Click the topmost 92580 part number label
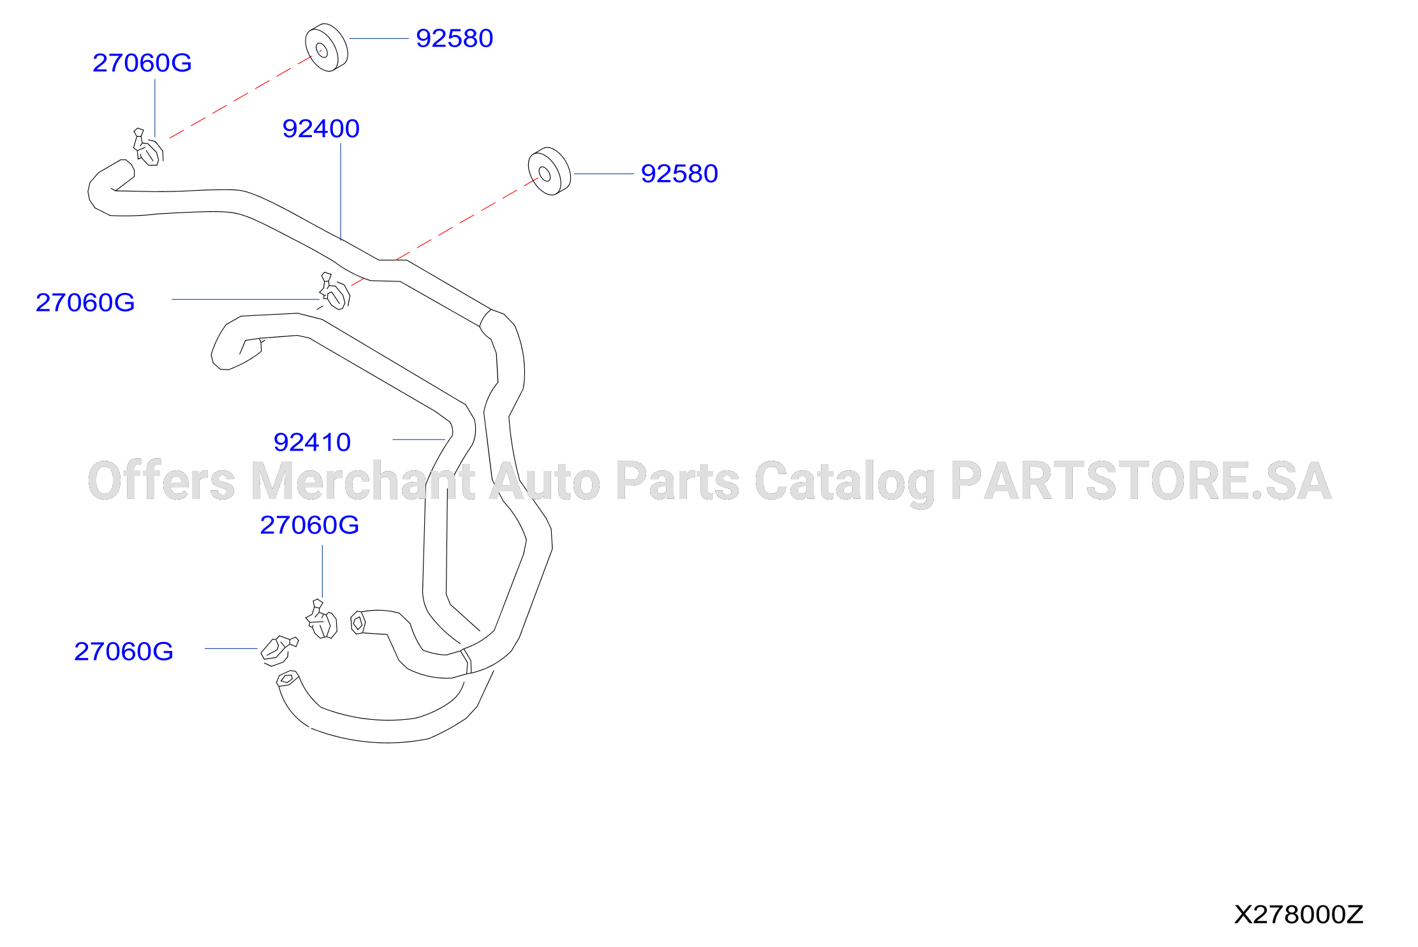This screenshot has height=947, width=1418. coord(454,38)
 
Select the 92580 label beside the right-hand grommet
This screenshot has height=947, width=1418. coord(679,174)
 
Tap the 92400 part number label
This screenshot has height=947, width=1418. coord(321,129)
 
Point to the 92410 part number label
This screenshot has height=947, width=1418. coord(312,442)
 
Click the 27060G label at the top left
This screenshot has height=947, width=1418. coord(142,63)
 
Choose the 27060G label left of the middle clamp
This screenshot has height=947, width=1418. coord(85,302)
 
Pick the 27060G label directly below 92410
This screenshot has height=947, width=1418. coord(309,525)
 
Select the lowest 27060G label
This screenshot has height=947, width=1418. coord(124,652)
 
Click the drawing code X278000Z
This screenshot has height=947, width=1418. coord(1298,914)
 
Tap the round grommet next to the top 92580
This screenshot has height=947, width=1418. coord(327,48)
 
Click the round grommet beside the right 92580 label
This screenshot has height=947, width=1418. coord(549,172)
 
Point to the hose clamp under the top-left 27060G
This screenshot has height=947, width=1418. coord(148,147)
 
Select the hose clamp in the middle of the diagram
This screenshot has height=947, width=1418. coord(334,292)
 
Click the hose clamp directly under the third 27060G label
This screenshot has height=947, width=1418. coord(321,619)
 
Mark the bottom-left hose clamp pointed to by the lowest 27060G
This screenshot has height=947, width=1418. coord(278,650)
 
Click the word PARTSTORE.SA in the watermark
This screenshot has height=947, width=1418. coord(1141,481)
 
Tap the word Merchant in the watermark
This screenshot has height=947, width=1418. coord(363,481)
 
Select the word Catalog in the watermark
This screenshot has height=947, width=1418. coord(845,483)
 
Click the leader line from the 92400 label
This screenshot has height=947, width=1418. coord(341,191)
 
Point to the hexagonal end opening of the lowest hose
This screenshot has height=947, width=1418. coord(286,679)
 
